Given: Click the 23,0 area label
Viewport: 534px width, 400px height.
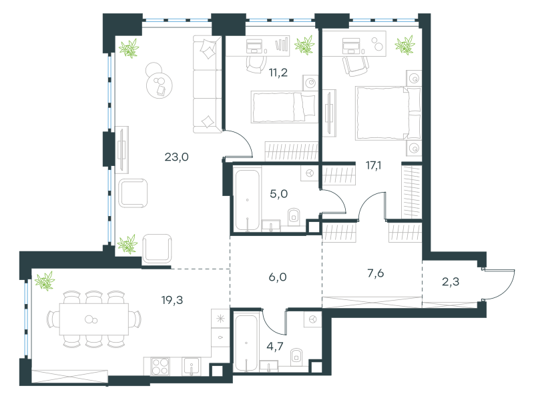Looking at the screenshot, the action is click(x=176, y=157).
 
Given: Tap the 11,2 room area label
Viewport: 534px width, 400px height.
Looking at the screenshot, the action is click(x=278, y=73).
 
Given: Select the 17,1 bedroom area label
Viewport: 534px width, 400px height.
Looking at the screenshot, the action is click(x=373, y=165).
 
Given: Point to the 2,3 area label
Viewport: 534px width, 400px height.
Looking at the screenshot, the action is click(x=450, y=281).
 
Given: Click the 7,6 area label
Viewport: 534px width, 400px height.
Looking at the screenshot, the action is click(x=376, y=273).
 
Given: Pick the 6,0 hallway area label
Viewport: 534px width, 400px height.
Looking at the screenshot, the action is click(x=278, y=277).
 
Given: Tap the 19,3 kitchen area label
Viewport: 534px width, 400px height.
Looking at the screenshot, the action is click(x=172, y=300).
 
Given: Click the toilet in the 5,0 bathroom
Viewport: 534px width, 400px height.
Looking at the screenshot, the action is click(x=294, y=217).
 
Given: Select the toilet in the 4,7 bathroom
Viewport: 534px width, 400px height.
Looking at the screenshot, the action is click(x=297, y=357).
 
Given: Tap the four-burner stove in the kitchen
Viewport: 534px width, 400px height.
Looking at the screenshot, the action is click(x=160, y=366).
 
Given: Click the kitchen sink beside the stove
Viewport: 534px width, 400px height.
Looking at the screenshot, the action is click(x=191, y=366).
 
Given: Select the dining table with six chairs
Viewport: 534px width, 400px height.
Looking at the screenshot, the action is click(x=94, y=319).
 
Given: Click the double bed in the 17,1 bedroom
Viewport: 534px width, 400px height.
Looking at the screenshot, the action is click(x=388, y=113).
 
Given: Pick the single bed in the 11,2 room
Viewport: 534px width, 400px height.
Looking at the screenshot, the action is click(x=284, y=107).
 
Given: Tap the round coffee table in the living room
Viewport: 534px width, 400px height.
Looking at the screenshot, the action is click(x=159, y=85).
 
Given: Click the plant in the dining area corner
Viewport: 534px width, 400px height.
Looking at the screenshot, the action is click(x=45, y=281).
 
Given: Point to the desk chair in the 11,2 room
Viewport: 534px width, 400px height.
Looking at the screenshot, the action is click(x=256, y=63).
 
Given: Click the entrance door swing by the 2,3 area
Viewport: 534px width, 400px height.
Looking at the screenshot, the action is click(x=500, y=285).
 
